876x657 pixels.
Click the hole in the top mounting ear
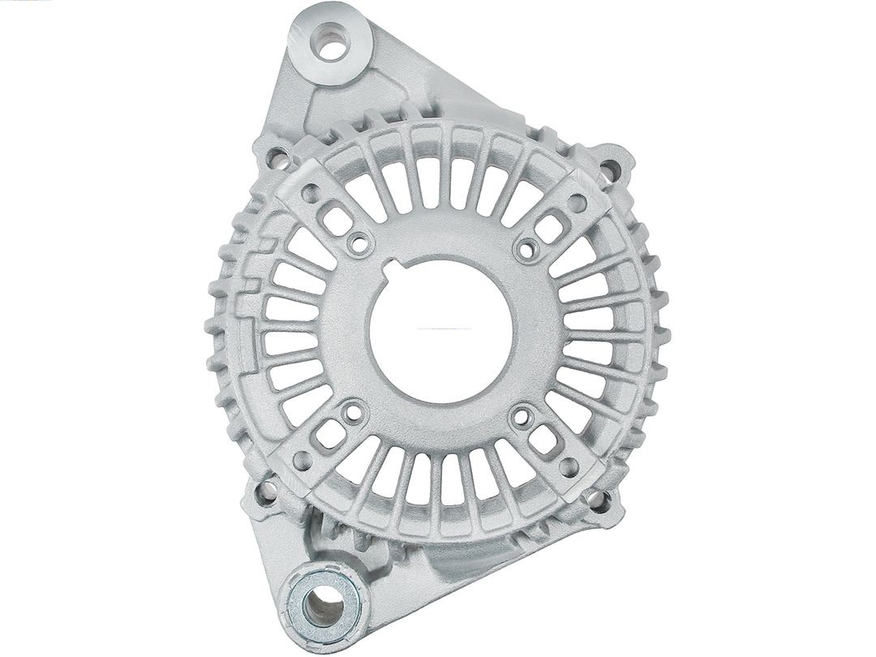(330, 45)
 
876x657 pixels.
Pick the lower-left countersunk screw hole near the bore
(354, 414)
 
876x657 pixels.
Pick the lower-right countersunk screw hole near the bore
(523, 419)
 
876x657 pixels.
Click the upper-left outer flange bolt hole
(277, 157)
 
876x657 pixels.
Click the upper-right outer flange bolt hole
(608, 168)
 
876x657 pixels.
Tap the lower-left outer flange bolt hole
(265, 491)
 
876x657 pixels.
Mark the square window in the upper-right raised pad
(549, 229)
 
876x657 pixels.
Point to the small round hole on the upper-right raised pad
(577, 204)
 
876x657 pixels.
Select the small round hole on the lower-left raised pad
(302, 460)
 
